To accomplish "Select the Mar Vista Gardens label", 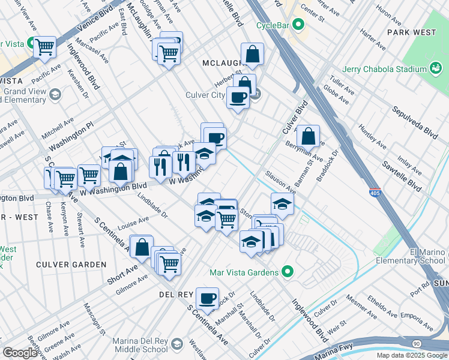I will pos(244,272).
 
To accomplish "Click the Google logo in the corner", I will pos(20,353).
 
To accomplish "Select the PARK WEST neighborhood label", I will pos(411,31).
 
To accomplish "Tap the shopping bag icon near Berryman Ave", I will pos(308,137).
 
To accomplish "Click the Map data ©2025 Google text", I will pos(412,355).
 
